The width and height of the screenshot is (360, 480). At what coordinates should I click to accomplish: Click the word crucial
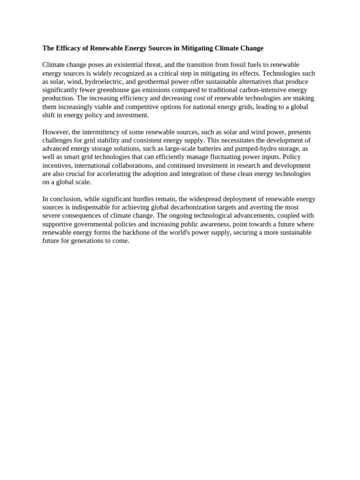pyautogui.click(x=85, y=174)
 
